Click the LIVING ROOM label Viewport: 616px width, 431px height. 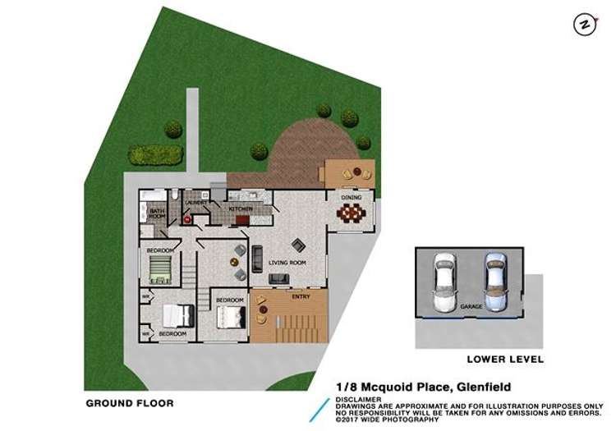(x=287, y=263)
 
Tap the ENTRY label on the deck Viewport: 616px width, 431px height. (x=301, y=297)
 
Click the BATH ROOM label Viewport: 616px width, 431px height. (x=158, y=215)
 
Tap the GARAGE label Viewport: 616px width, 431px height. (x=471, y=305)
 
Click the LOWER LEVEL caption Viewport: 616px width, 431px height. (x=505, y=359)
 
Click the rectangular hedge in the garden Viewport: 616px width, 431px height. (x=154, y=154)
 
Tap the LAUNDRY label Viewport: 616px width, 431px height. (x=195, y=203)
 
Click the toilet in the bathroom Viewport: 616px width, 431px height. (x=177, y=196)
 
